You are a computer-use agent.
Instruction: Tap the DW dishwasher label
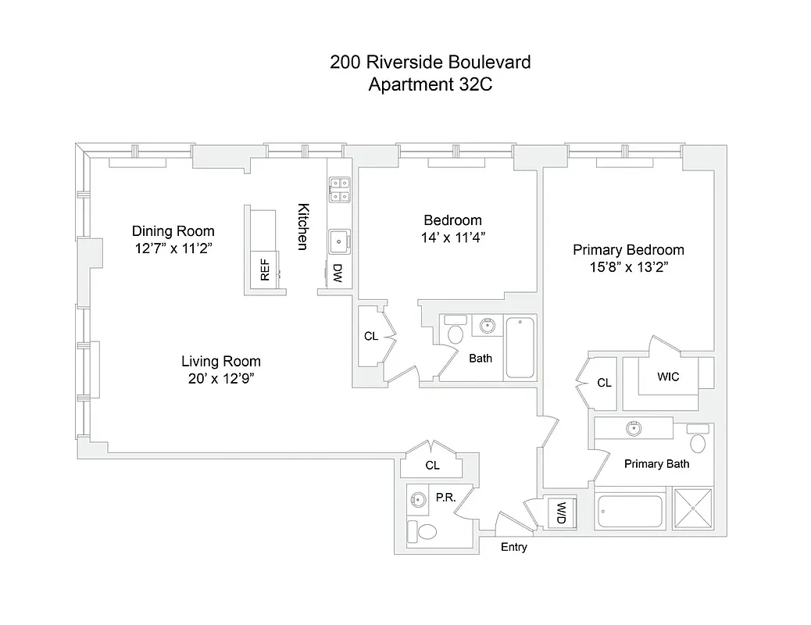point(338,272)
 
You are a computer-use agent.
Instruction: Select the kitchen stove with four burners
point(340,190)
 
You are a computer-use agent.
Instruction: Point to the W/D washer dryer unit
point(561,512)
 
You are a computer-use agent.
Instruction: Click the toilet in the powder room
point(427,532)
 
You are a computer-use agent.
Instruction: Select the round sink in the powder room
point(420,498)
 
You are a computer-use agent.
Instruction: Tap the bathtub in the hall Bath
point(520,347)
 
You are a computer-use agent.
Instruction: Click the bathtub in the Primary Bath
point(629,512)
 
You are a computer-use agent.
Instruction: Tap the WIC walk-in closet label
point(668,377)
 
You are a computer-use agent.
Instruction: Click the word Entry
point(514,547)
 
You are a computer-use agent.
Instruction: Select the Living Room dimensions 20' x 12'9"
point(221,379)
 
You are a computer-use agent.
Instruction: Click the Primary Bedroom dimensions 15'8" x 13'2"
point(628,267)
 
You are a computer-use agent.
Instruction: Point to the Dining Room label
point(173,231)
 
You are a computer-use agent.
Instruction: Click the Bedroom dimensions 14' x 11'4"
point(453,237)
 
